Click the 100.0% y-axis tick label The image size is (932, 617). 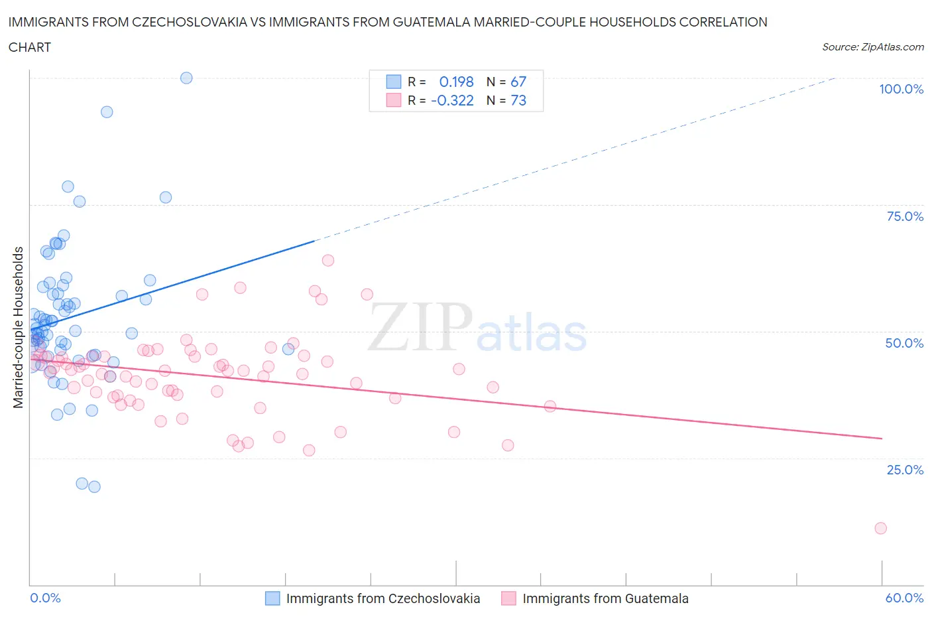pyautogui.click(x=901, y=89)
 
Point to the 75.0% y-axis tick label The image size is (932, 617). pyautogui.click(x=905, y=216)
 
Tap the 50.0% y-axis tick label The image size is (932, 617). pyautogui.click(x=904, y=343)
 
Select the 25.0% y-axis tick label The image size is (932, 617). pyautogui.click(x=905, y=470)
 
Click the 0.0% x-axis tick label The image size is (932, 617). pyautogui.click(x=45, y=598)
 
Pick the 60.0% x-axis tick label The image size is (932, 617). pyautogui.click(x=904, y=598)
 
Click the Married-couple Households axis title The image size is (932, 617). pyautogui.click(x=19, y=327)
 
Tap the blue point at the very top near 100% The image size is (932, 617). pyautogui.click(x=186, y=78)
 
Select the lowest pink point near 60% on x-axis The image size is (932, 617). pyautogui.click(x=880, y=528)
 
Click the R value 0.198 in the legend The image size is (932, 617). pyautogui.click(x=456, y=82)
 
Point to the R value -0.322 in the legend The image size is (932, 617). pyautogui.click(x=452, y=100)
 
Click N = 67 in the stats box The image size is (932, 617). pyautogui.click(x=506, y=82)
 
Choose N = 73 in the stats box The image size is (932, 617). pyautogui.click(x=506, y=100)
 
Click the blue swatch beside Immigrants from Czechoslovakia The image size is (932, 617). pyautogui.click(x=272, y=598)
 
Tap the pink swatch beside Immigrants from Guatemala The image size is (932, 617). pyautogui.click(x=508, y=598)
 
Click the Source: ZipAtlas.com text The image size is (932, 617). pyautogui.click(x=872, y=46)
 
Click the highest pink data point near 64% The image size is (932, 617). pyautogui.click(x=327, y=260)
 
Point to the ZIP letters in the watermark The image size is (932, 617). pyautogui.click(x=420, y=326)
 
